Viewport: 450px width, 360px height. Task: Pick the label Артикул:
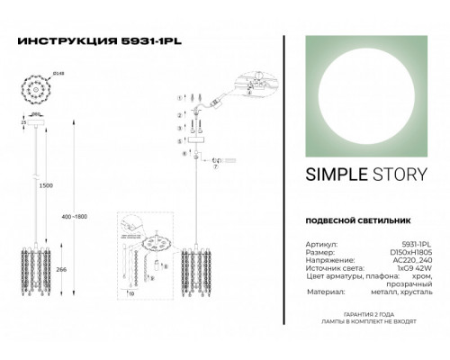(309, 243)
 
